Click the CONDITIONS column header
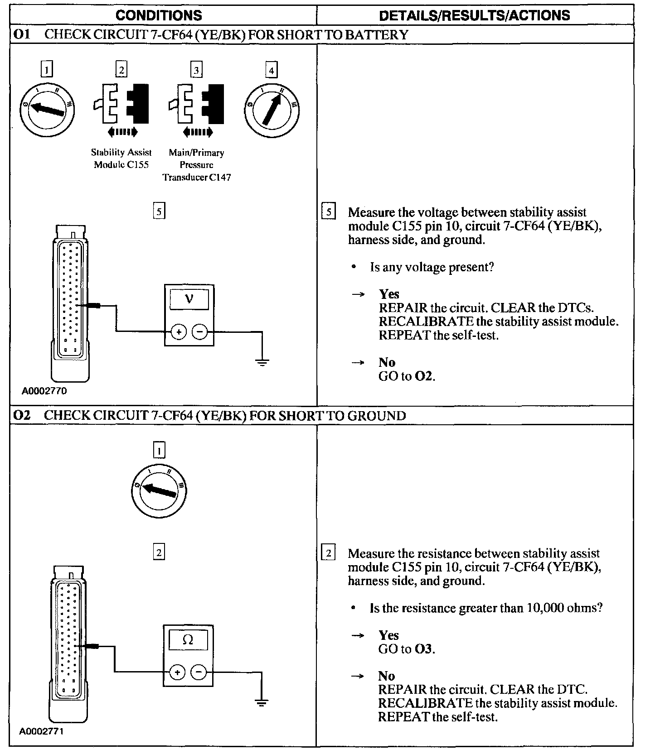[x=159, y=15]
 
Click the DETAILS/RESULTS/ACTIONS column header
[x=474, y=15]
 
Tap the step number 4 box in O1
[x=271, y=70]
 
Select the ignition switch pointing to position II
[x=272, y=109]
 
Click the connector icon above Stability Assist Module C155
[x=121, y=104]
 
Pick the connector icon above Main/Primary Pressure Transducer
[x=196, y=104]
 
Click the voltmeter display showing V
[x=189, y=299]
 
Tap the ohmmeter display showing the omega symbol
[x=188, y=639]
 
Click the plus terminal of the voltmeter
[x=179, y=332]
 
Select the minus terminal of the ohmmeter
[x=198, y=672]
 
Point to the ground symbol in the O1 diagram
[x=262, y=362]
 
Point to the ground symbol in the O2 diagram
[x=261, y=702]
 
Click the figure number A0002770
[x=44, y=391]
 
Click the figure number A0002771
[x=41, y=731]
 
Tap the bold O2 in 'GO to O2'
[x=424, y=376]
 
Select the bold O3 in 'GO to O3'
[x=424, y=649]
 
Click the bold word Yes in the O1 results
[x=389, y=294]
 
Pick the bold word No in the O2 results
[x=386, y=676]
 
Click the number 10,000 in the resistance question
[x=544, y=608]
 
